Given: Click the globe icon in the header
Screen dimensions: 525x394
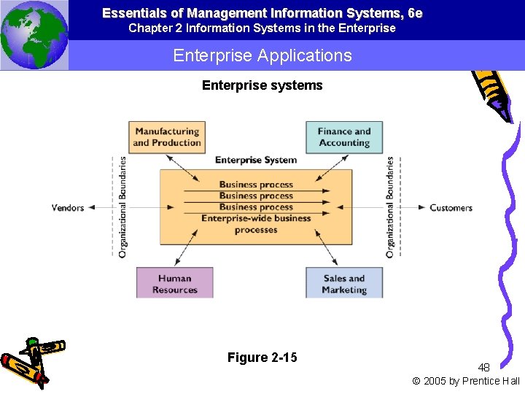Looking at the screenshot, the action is (x=34, y=35).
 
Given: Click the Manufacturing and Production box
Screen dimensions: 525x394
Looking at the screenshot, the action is (x=167, y=136).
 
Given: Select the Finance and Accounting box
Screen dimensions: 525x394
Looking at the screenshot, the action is (x=344, y=136).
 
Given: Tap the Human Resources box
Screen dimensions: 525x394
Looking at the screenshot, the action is (x=175, y=283).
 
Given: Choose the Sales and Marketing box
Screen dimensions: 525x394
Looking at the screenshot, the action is (x=344, y=283).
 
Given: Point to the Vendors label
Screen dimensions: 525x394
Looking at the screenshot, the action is (x=68, y=208).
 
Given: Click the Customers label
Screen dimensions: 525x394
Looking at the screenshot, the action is (x=451, y=208).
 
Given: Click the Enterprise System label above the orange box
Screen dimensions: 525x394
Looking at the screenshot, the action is (x=256, y=160).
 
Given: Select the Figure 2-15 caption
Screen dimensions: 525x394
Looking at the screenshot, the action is (x=262, y=358).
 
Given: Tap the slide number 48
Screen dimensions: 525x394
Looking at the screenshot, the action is (x=483, y=368).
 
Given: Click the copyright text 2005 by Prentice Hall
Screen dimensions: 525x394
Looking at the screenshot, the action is (x=467, y=381).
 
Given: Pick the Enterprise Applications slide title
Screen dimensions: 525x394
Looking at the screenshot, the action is (x=262, y=55).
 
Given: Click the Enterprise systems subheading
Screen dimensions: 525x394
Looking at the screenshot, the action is (x=262, y=85).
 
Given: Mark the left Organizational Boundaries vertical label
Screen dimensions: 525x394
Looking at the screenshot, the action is (x=122, y=206).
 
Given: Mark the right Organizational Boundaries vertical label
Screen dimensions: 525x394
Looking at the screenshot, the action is (x=390, y=206).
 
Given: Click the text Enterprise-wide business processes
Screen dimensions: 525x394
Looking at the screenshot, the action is (x=256, y=224).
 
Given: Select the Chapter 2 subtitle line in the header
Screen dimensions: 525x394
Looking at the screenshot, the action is (x=262, y=28).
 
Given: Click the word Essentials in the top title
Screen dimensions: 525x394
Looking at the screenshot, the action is (x=134, y=13).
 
